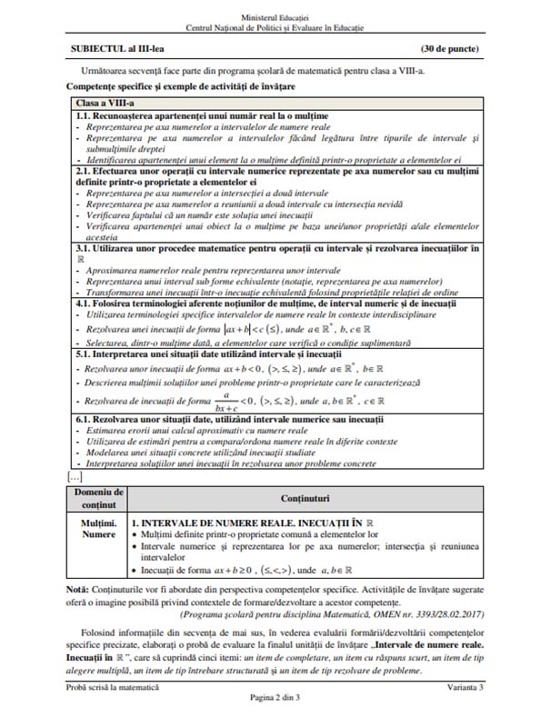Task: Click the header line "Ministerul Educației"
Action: pos(275,17)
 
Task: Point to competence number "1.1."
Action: pos(84,116)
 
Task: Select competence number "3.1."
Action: pos(84,246)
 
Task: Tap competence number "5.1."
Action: pos(84,358)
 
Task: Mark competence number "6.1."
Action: pos(84,418)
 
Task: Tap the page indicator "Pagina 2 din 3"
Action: pos(275,704)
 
